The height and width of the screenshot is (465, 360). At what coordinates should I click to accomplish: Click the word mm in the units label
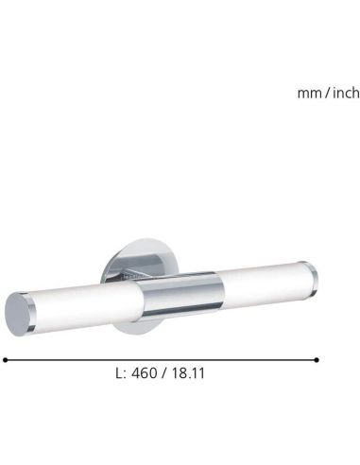point(307,94)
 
